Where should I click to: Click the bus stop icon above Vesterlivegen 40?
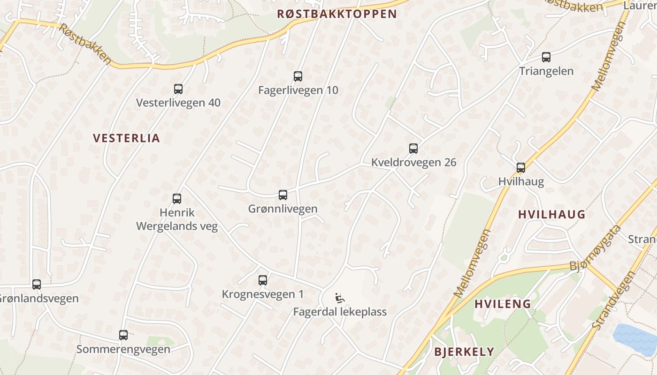click(x=178, y=89)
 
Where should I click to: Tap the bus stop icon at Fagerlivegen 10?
click(x=298, y=76)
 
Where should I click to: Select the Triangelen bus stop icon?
click(x=546, y=57)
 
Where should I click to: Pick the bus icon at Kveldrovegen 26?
click(x=413, y=149)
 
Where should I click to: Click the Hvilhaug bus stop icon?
click(x=521, y=168)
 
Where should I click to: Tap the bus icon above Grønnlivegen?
click(x=283, y=195)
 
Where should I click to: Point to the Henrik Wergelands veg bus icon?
click(x=177, y=199)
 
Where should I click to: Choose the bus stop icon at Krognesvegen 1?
click(x=263, y=280)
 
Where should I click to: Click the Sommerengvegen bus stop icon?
click(x=123, y=335)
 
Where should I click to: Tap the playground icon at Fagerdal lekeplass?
click(x=339, y=298)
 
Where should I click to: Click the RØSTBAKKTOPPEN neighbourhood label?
click(x=337, y=14)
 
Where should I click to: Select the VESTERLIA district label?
click(x=126, y=138)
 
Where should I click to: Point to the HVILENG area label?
click(x=503, y=304)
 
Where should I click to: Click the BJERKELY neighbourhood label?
click(x=464, y=352)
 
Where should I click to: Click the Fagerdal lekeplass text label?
click(x=340, y=312)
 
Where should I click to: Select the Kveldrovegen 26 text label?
click(x=413, y=163)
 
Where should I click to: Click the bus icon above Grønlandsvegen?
click(x=37, y=285)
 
